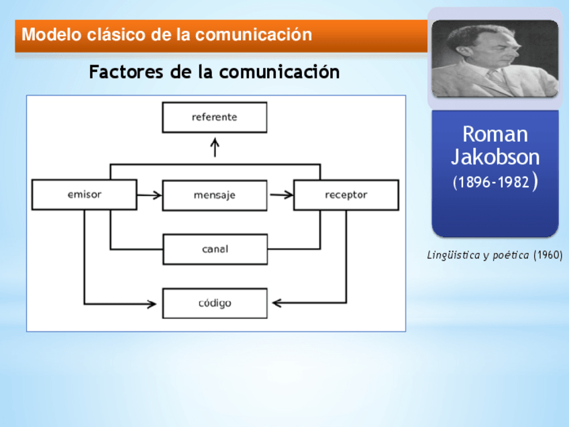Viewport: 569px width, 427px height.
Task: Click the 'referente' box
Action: tap(214, 117)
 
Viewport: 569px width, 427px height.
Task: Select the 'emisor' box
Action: tap(85, 195)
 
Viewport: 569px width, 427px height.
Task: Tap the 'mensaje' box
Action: tap(214, 195)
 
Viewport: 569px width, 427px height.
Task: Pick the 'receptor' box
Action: tap(346, 195)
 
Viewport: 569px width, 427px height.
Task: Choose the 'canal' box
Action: tap(215, 249)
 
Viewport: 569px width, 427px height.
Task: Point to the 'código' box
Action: tap(215, 303)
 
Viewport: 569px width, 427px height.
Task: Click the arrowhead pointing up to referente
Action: tap(215, 143)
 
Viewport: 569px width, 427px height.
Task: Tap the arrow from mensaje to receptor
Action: tap(281, 195)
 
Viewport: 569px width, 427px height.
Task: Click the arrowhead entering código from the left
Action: tap(152, 303)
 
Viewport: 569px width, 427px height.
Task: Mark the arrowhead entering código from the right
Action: tap(276, 303)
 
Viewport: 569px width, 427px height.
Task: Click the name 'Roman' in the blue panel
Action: tap(495, 134)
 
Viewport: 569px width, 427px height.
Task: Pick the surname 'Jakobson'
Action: tap(495, 157)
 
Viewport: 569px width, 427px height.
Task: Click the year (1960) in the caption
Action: tap(548, 255)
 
